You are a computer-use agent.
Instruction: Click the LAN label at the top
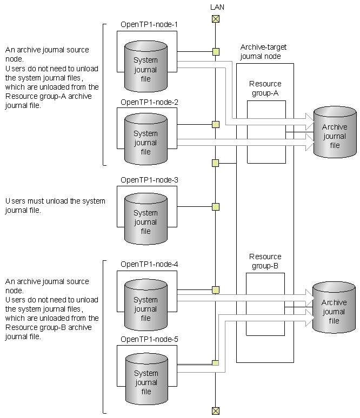tap(217, 7)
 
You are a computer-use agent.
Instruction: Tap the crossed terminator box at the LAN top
tap(216, 19)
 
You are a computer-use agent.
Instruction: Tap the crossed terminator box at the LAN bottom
tap(216, 411)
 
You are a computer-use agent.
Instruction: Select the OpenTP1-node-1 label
tap(149, 24)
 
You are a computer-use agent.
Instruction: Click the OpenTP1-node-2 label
tap(149, 103)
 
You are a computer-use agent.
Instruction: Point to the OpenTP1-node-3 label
tap(149, 180)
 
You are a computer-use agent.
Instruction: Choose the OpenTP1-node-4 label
tap(149, 265)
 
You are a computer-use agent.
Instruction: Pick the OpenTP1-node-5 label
tap(149, 339)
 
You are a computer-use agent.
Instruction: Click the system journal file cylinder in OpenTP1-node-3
tap(146, 219)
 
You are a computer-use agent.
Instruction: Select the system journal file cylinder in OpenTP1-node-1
tap(146, 66)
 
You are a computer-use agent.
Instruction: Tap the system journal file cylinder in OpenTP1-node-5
tap(146, 379)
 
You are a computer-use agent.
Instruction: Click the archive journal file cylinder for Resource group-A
tap(335, 132)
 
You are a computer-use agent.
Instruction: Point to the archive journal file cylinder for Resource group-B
tap(334, 307)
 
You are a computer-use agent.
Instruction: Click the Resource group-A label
tap(265, 89)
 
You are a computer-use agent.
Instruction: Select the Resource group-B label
tap(265, 261)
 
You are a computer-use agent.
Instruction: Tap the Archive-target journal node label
tap(263, 52)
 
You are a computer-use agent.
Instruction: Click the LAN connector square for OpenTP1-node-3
tap(216, 207)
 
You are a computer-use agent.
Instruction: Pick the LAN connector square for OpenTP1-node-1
tap(216, 52)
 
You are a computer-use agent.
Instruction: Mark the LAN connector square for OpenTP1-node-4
tap(216, 290)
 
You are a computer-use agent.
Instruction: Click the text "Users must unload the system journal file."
tap(55, 206)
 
